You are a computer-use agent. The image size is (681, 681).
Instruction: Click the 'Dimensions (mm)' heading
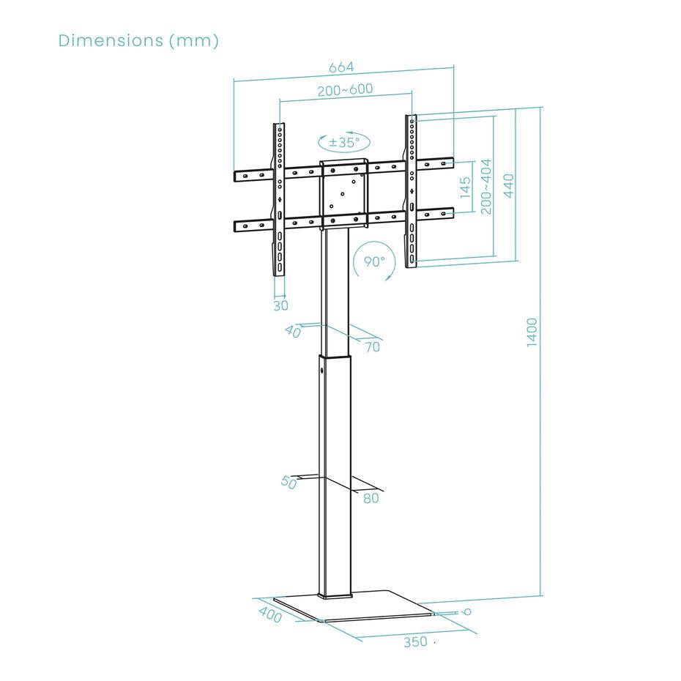(x=138, y=40)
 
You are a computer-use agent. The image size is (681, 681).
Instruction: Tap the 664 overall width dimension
(x=341, y=67)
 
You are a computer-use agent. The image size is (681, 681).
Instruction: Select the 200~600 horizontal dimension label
(x=346, y=89)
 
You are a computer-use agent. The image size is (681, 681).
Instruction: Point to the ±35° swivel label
(x=344, y=142)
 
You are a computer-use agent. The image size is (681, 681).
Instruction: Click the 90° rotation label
(x=374, y=261)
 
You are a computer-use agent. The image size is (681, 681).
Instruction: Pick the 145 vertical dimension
(x=465, y=187)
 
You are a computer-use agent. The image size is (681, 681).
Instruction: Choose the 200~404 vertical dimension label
(x=486, y=186)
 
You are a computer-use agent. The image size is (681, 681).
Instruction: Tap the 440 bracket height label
(x=508, y=185)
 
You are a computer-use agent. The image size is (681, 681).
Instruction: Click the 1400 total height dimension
(x=532, y=332)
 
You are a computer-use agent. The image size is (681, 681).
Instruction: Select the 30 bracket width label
(x=280, y=306)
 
